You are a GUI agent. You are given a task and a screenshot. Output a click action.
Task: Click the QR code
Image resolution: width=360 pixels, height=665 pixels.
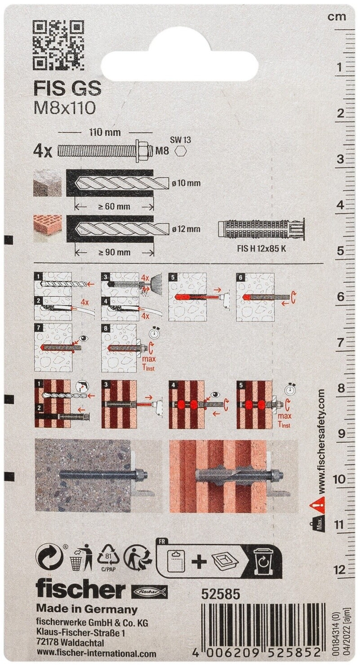[x=58, y=46]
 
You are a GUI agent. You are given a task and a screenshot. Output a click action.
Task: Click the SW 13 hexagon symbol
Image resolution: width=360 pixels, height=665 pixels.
[x=180, y=152]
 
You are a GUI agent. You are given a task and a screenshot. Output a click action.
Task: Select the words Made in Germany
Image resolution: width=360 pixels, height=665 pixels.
[x=87, y=609]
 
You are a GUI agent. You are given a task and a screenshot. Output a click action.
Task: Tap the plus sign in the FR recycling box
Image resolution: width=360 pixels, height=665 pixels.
[x=198, y=561]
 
